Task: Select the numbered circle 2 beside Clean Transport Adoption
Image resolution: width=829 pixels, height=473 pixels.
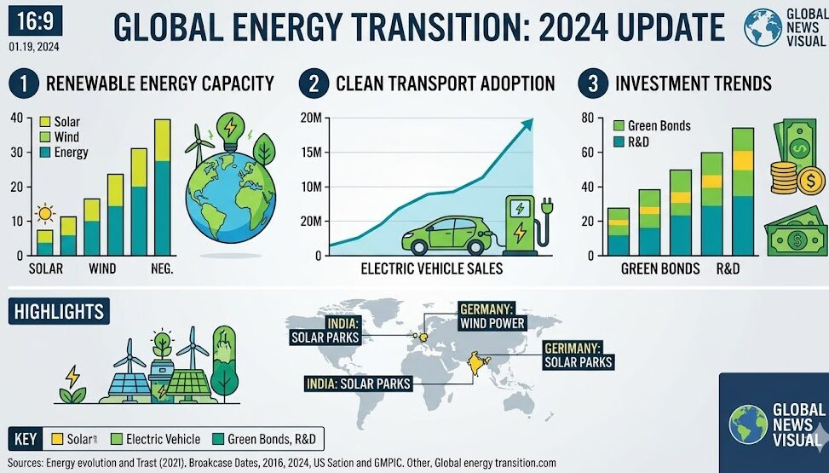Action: tap(314, 84)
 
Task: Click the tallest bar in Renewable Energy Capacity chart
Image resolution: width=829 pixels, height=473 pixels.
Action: tap(162, 187)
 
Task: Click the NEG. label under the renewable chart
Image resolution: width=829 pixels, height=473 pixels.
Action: tap(160, 269)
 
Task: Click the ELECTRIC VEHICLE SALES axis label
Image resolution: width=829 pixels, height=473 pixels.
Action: tap(431, 269)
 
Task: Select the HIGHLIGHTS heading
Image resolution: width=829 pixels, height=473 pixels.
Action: tap(59, 311)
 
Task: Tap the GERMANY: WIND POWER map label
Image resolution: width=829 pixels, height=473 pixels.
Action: tap(492, 315)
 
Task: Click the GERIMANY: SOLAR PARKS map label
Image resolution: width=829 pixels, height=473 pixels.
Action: tap(578, 355)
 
